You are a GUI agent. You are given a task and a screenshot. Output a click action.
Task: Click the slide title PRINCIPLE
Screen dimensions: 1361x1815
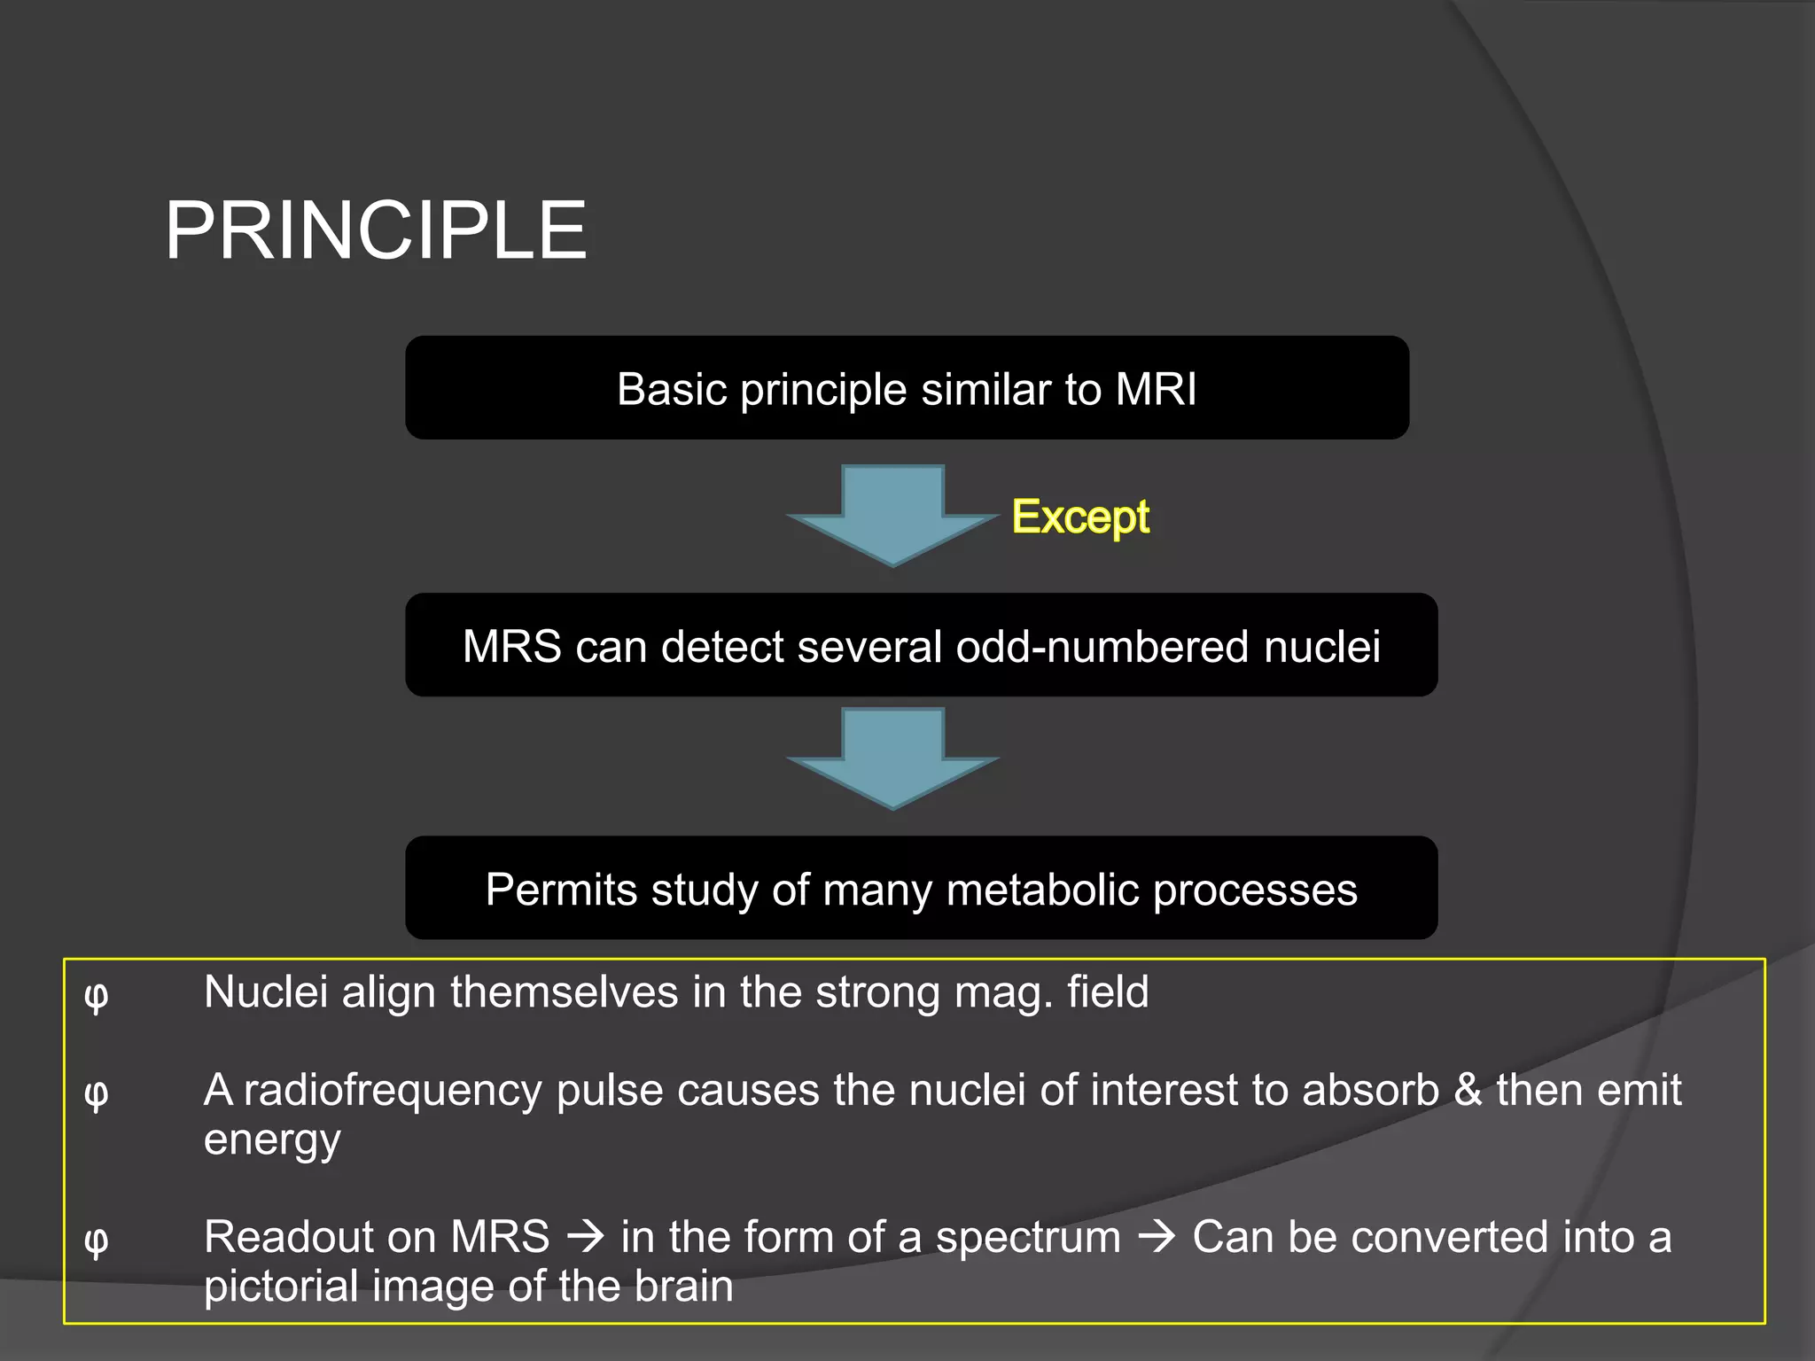376,230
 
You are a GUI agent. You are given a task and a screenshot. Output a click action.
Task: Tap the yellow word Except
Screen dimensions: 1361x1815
1080,517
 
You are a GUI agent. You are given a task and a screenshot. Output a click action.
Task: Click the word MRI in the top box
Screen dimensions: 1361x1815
1156,389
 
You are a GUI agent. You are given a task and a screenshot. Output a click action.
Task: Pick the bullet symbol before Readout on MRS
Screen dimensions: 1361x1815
96,1240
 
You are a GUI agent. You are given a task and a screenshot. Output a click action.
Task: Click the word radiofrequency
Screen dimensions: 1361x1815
392,1091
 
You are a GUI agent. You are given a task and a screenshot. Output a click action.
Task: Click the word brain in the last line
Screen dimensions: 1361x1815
683,1287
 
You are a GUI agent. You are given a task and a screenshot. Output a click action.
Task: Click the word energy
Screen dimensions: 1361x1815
271,1140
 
